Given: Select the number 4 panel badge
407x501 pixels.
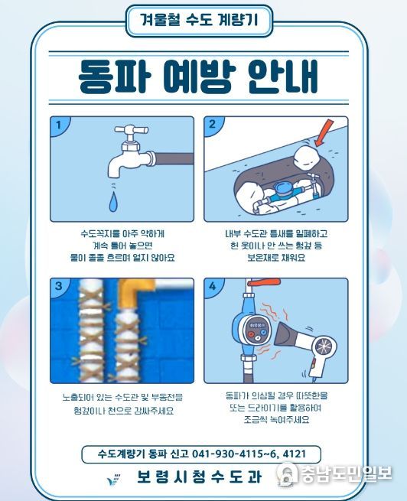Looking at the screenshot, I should tap(212, 286).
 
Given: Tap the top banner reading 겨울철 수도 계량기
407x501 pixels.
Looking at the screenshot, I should tap(198, 21).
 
